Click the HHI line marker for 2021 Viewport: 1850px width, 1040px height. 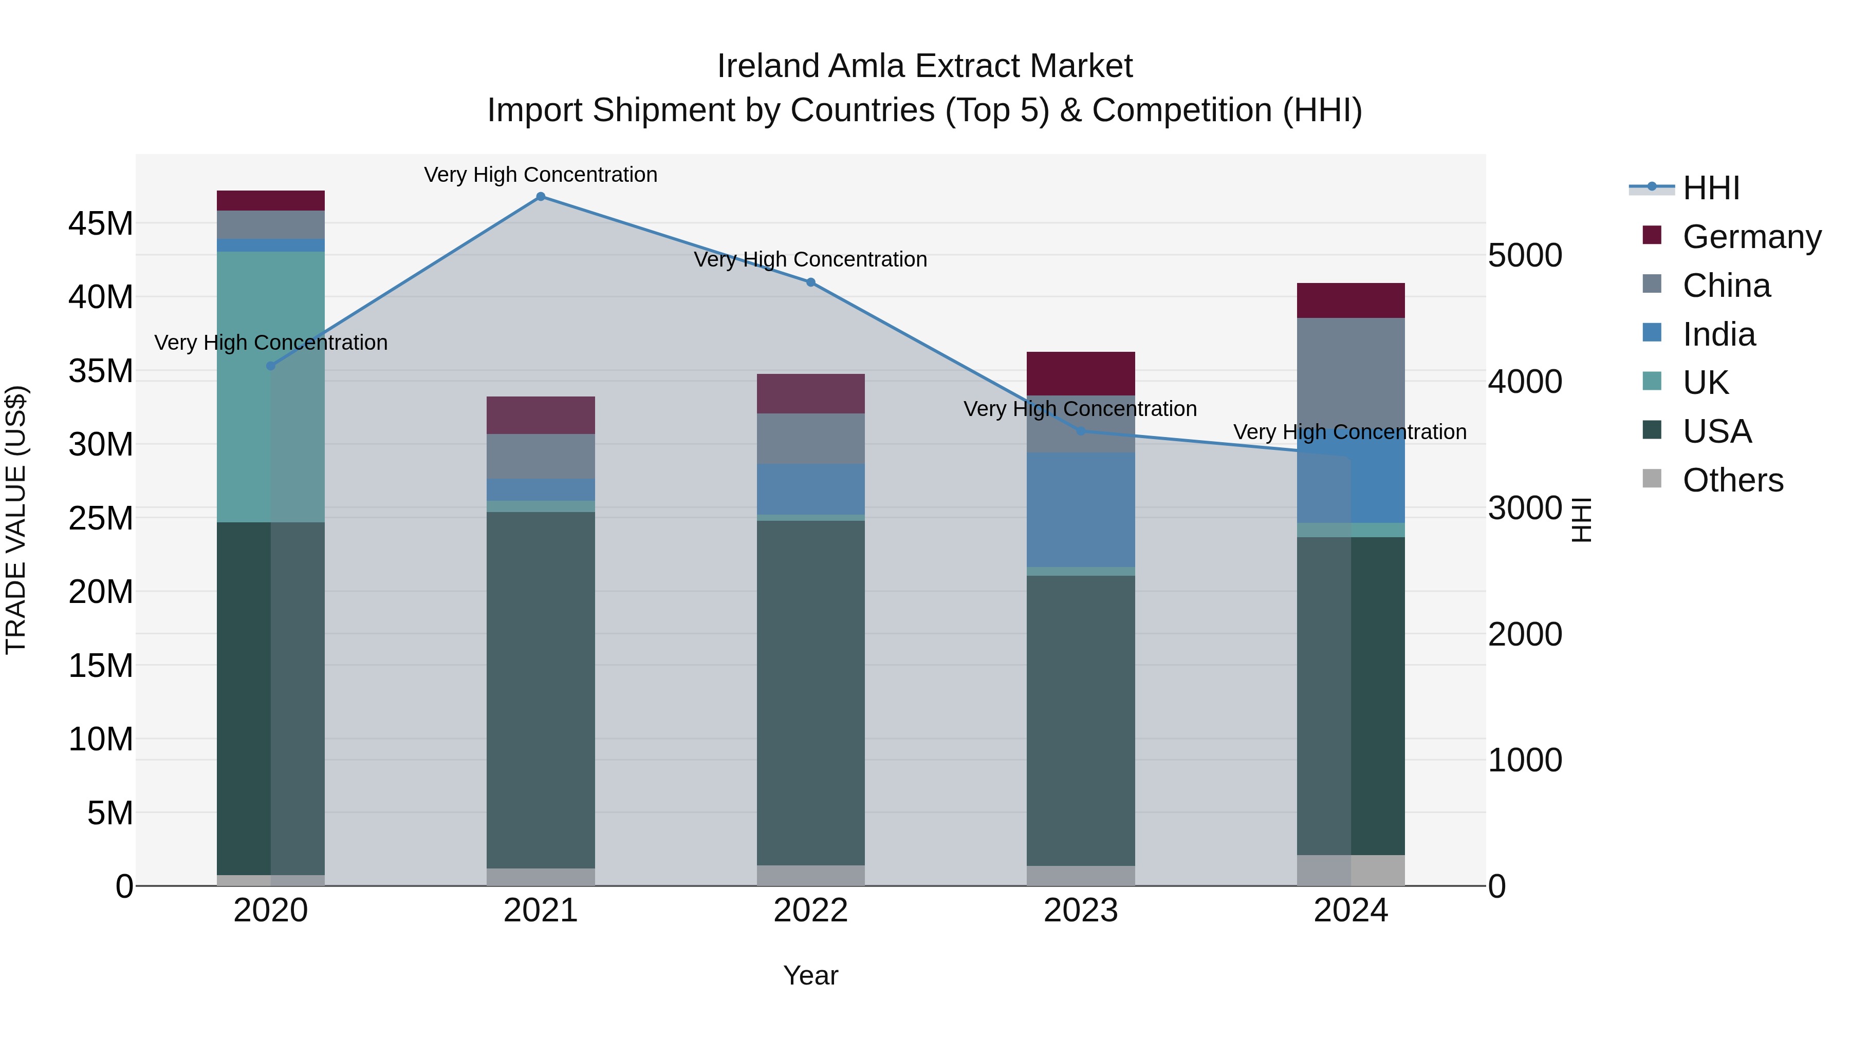pos(541,197)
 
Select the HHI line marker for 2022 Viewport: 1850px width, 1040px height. pos(811,282)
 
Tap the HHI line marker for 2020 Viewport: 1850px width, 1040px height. pos(271,366)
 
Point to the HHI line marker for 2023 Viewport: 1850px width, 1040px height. pos(1081,431)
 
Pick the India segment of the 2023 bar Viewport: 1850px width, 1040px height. pos(1081,509)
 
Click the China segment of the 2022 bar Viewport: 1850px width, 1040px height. pos(811,439)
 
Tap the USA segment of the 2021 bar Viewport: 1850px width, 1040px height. pos(541,689)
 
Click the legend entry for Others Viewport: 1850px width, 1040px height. pos(1732,480)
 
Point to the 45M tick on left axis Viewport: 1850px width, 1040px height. pos(101,224)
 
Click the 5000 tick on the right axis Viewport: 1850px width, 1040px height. pos(1525,256)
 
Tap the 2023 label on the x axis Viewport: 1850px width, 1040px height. pos(1081,911)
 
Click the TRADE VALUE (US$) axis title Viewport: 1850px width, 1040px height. pos(16,520)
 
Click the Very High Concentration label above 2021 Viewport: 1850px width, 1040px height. pos(541,175)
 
